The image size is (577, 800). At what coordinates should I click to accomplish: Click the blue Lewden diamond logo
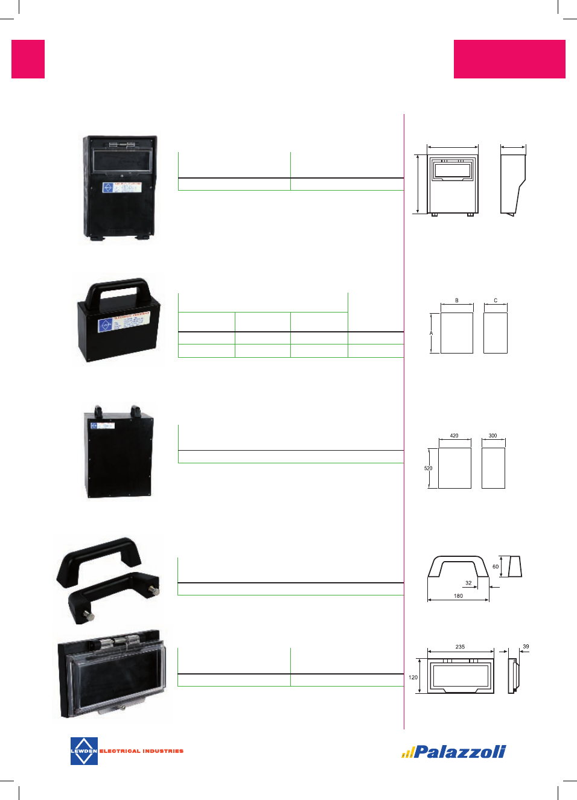pyautogui.click(x=84, y=751)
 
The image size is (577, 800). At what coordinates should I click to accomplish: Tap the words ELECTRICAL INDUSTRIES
pyautogui.click(x=141, y=751)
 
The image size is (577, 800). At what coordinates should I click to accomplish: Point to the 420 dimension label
pyautogui.click(x=454, y=436)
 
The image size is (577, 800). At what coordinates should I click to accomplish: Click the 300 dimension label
pyautogui.click(x=493, y=436)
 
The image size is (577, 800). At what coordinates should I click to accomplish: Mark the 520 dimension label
pyautogui.click(x=428, y=468)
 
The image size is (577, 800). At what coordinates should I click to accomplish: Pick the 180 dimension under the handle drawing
pyautogui.click(x=458, y=596)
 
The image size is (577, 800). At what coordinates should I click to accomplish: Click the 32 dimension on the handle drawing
pyautogui.click(x=468, y=583)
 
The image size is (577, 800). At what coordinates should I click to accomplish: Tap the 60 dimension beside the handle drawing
pyautogui.click(x=496, y=567)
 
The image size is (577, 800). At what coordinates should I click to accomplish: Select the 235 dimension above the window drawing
pyautogui.click(x=460, y=647)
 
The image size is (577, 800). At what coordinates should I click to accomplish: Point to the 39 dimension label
pyautogui.click(x=526, y=647)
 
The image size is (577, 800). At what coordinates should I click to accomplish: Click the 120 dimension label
pyautogui.click(x=413, y=678)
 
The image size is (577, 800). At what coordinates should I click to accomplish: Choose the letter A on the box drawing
pyautogui.click(x=431, y=333)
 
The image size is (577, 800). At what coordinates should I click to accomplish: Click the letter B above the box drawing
pyautogui.click(x=457, y=300)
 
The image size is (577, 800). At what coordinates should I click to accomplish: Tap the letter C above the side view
pyautogui.click(x=496, y=300)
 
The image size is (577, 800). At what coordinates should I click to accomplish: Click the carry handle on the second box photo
pyautogui.click(x=118, y=288)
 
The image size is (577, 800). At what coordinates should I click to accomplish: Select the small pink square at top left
pyautogui.click(x=28, y=59)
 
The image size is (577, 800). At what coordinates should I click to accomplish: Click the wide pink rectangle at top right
pyautogui.click(x=509, y=59)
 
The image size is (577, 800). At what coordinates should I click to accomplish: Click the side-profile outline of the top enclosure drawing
pyautogui.click(x=512, y=184)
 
